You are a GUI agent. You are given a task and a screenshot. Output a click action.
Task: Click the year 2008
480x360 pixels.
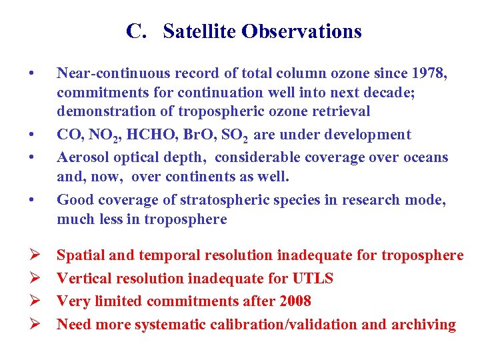[293, 301]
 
